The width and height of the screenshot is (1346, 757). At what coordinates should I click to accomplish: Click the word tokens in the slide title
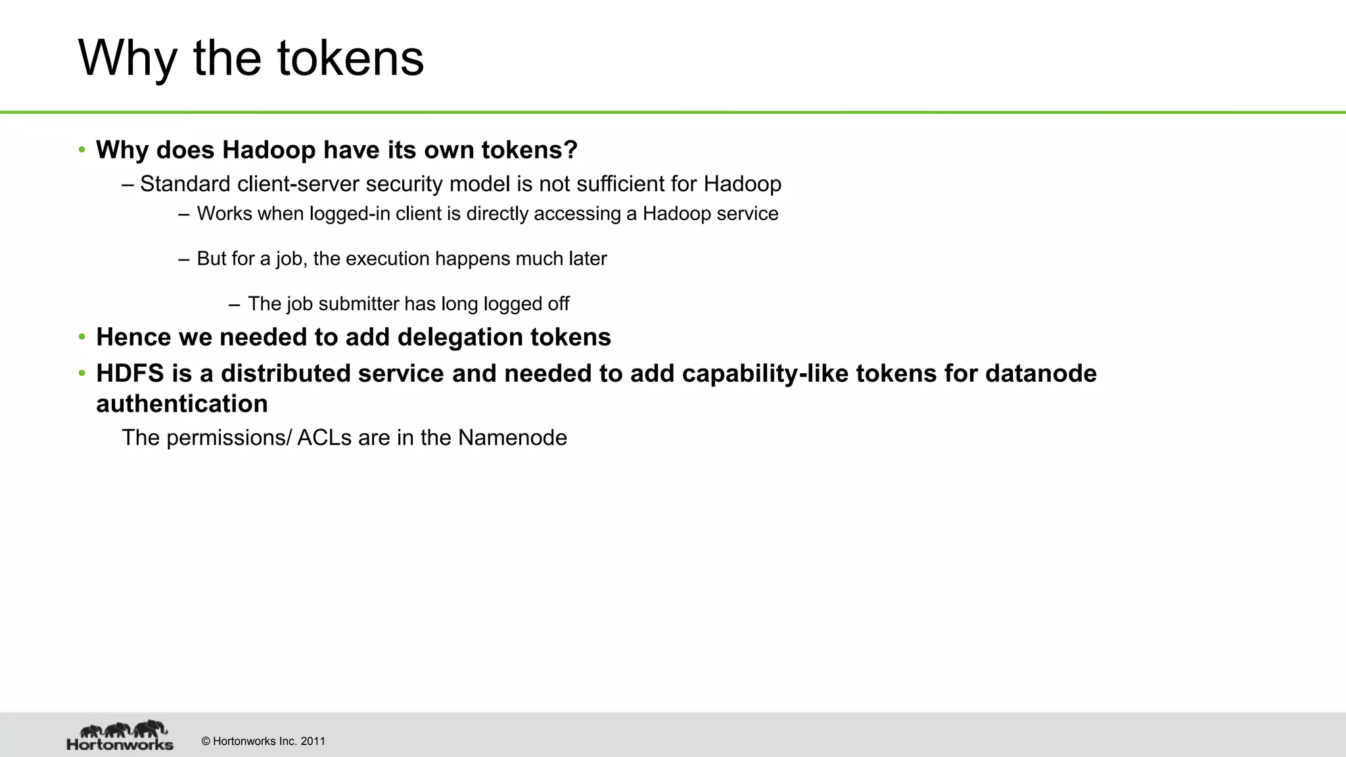[350, 58]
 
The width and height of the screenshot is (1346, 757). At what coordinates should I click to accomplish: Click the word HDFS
[129, 373]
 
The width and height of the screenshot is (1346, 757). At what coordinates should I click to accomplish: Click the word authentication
[181, 403]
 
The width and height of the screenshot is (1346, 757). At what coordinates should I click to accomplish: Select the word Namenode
[512, 438]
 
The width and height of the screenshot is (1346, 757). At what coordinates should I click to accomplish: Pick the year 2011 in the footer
[313, 741]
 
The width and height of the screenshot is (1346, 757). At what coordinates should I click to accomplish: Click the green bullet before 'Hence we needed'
[82, 337]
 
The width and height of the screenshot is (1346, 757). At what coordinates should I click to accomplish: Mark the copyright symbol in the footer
[206, 741]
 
